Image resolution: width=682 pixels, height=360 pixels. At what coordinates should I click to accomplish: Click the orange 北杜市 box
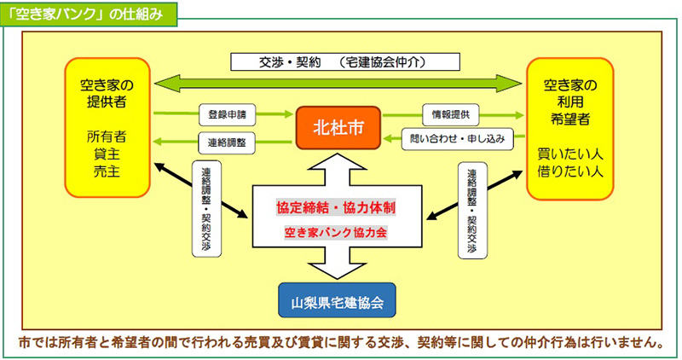(x=338, y=128)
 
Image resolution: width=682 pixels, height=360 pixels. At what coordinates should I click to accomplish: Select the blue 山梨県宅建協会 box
(x=337, y=300)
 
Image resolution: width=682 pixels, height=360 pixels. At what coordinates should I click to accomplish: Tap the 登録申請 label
(x=227, y=114)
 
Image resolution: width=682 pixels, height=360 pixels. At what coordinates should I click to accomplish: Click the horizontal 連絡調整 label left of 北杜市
(x=227, y=142)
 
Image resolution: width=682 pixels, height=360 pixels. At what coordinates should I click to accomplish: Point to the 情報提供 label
(x=451, y=114)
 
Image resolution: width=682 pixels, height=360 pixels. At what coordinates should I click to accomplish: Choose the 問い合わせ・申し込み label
(x=457, y=139)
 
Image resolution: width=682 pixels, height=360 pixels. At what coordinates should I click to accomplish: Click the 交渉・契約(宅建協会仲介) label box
(x=345, y=61)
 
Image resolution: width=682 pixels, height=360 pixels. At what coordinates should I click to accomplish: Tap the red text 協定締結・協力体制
(x=336, y=207)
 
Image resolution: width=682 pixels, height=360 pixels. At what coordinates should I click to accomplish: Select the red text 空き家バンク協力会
(x=335, y=232)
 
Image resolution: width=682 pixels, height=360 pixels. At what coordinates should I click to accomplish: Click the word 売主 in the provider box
(x=107, y=171)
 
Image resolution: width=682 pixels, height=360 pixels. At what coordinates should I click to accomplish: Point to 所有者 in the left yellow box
(x=107, y=136)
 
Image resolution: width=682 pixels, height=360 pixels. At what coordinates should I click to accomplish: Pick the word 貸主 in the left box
(x=107, y=154)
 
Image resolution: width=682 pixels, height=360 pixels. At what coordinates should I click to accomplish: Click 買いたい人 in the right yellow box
(x=569, y=154)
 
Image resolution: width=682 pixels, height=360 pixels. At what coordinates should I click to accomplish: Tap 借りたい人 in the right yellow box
(x=569, y=171)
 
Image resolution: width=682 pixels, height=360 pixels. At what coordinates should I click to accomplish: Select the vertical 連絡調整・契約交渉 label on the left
(x=206, y=209)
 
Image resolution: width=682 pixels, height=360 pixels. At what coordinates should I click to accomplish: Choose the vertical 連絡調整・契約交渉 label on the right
(x=472, y=211)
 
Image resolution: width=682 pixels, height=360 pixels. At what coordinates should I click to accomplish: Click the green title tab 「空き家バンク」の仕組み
(x=89, y=15)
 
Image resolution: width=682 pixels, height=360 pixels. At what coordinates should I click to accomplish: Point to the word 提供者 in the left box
(x=107, y=102)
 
